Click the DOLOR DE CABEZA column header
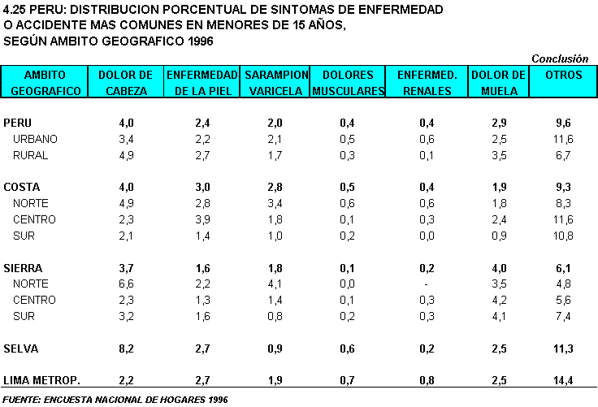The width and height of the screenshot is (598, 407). [x=126, y=82]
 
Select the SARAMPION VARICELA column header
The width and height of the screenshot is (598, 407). [x=275, y=82]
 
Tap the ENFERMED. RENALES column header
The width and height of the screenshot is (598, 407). [x=427, y=82]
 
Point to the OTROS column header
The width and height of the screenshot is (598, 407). [x=563, y=75]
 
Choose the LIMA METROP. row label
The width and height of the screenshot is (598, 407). [x=41, y=380]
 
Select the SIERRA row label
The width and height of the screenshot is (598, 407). [x=24, y=268]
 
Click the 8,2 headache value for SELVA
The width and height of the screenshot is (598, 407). [x=126, y=349]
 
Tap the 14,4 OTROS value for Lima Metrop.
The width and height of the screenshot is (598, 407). [x=563, y=380]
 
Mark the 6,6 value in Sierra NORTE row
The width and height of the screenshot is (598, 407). [x=126, y=284]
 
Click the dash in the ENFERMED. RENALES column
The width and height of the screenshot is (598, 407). [x=427, y=284]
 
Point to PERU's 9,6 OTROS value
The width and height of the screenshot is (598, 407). [x=563, y=123]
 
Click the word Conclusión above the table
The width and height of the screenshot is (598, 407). [x=560, y=58]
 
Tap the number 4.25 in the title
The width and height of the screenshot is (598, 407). [x=15, y=10]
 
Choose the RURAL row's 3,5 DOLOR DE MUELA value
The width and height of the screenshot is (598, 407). [x=500, y=155]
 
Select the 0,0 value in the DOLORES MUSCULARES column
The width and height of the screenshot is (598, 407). [x=348, y=284]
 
